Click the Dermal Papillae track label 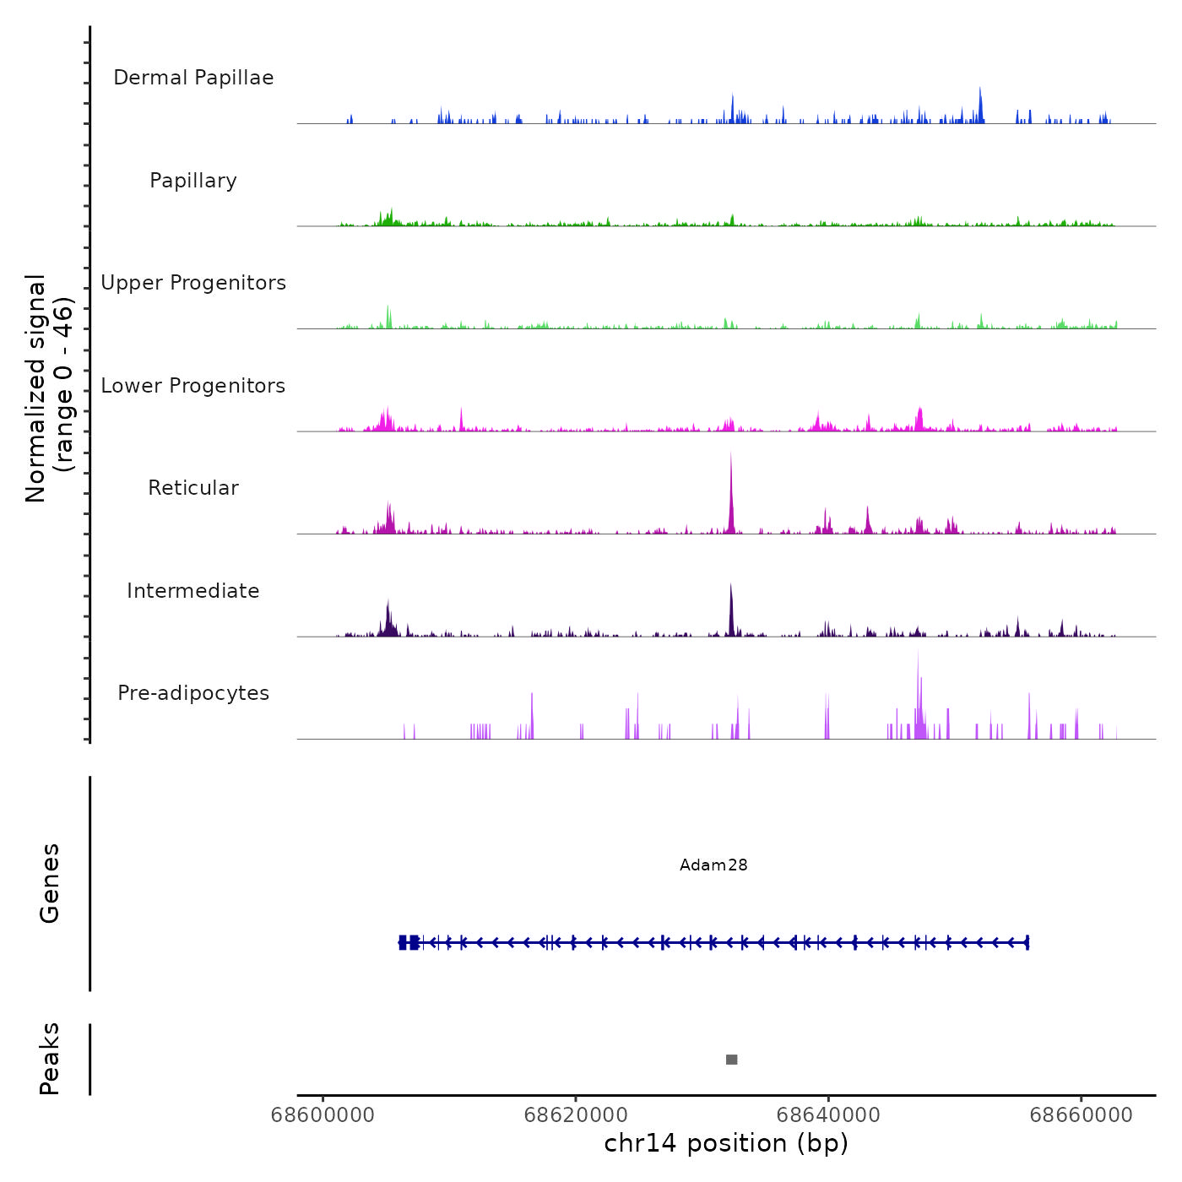[193, 78]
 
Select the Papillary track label [193, 181]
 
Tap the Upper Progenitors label [193, 283]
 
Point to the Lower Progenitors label [193, 386]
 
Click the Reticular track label [193, 488]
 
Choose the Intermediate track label [193, 591]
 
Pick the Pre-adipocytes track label [193, 693]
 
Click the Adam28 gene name [713, 865]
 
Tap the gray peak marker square [731, 1060]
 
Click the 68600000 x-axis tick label [323, 1114]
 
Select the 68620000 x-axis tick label [576, 1114]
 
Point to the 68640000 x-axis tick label [828, 1114]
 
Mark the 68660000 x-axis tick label [1082, 1114]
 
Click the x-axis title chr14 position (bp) [726, 1143]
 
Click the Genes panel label [50, 883]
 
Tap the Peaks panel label [50, 1059]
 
